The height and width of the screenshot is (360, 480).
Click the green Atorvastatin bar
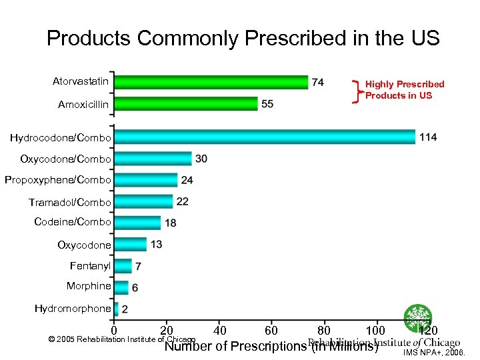[211, 82]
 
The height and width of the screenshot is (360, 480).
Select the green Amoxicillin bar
[186, 104]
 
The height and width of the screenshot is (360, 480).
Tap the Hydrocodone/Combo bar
[265, 137]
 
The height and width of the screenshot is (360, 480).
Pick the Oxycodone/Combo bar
[153, 159]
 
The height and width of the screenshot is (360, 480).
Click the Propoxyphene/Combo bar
[146, 180]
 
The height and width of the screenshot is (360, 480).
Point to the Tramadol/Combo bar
[143, 201]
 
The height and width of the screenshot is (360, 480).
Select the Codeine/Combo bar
[138, 223]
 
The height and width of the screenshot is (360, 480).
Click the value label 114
[428, 137]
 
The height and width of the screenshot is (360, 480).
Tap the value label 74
[318, 82]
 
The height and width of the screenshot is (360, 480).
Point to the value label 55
[267, 104]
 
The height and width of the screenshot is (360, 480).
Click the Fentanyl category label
[90, 265]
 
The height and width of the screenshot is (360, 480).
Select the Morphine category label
[89, 286]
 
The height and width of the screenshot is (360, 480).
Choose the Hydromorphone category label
[73, 308]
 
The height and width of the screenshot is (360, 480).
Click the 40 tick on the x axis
[219, 331]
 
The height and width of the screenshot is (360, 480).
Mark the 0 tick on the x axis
[114, 331]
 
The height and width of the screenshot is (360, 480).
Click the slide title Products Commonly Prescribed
[243, 38]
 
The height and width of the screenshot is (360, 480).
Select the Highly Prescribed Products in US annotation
[404, 89]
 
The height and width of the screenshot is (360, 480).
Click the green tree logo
[418, 318]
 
